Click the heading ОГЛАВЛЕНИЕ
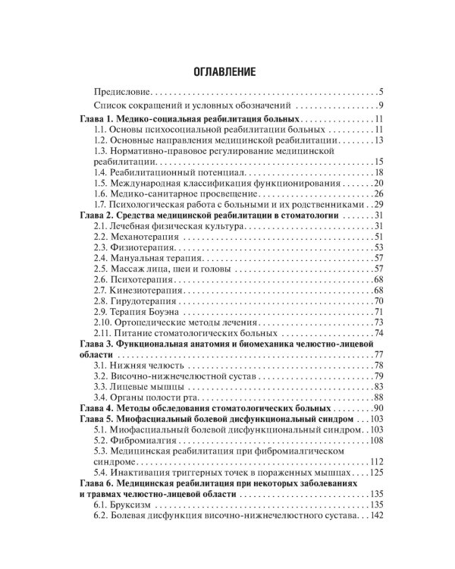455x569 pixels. [227, 71]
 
